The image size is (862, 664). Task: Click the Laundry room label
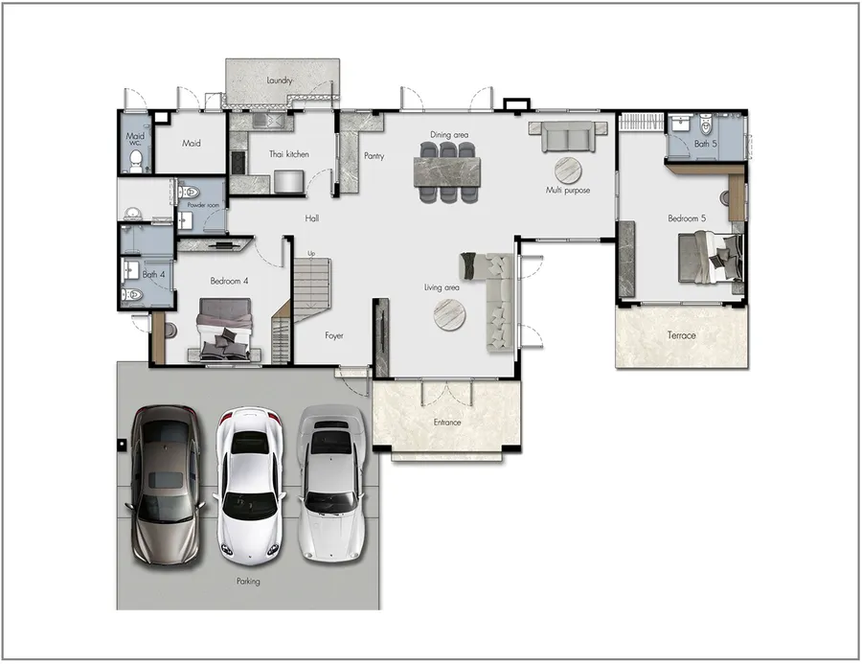point(280,80)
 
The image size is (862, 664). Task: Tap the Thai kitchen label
point(288,154)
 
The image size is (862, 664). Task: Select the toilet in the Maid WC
point(136,161)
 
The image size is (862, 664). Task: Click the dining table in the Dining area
point(447,172)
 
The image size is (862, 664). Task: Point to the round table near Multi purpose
point(568,171)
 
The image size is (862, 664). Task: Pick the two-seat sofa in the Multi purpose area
point(568,136)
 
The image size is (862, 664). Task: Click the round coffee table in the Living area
point(450,314)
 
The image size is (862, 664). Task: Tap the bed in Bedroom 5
point(710,258)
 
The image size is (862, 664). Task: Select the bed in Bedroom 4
point(225,330)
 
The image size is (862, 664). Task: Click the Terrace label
point(682,335)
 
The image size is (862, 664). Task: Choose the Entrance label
point(447,423)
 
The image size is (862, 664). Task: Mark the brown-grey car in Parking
point(165,486)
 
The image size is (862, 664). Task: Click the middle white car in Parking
point(250,486)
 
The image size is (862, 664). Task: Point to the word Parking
point(248,581)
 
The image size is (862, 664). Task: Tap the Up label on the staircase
point(311,254)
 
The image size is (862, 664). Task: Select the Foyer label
point(333,335)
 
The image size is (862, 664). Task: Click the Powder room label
point(203,205)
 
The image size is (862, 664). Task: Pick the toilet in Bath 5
point(706,125)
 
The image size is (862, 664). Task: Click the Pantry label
point(374,156)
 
